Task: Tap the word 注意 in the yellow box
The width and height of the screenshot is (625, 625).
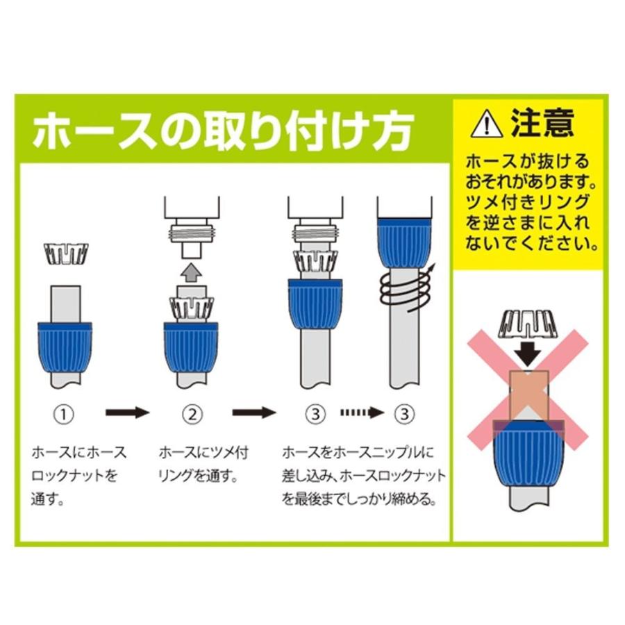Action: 542,123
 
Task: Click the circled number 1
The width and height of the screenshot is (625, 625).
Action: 64,415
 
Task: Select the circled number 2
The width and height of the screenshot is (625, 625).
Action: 192,415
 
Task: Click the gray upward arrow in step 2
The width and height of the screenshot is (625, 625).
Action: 192,269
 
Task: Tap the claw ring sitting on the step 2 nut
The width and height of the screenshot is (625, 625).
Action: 192,308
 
